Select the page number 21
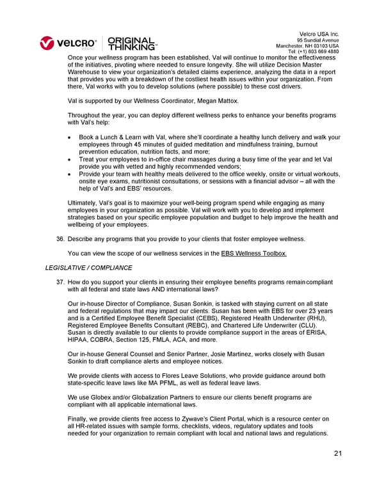click(x=339, y=454)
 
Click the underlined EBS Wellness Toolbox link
click(x=254, y=254)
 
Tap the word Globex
click(x=92, y=397)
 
